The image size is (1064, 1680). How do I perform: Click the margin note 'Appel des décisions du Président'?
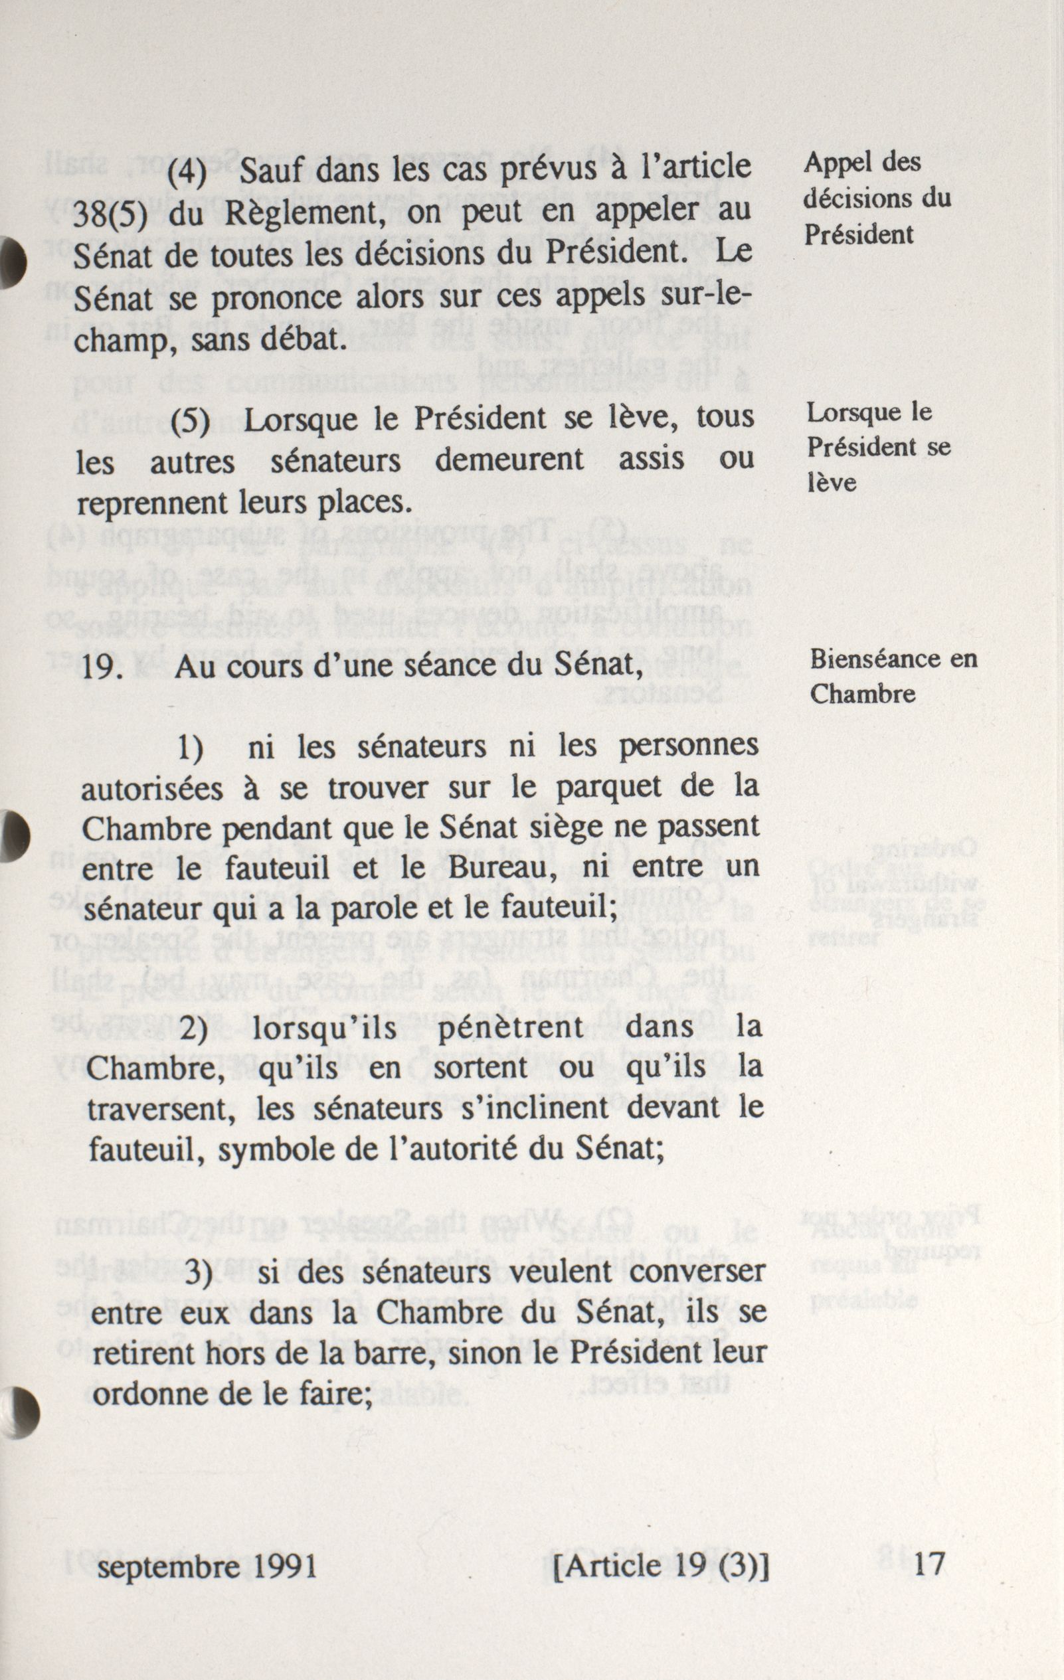click(x=877, y=199)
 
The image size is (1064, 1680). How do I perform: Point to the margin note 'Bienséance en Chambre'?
click(x=893, y=676)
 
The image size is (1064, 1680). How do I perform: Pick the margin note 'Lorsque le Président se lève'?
click(x=879, y=446)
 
